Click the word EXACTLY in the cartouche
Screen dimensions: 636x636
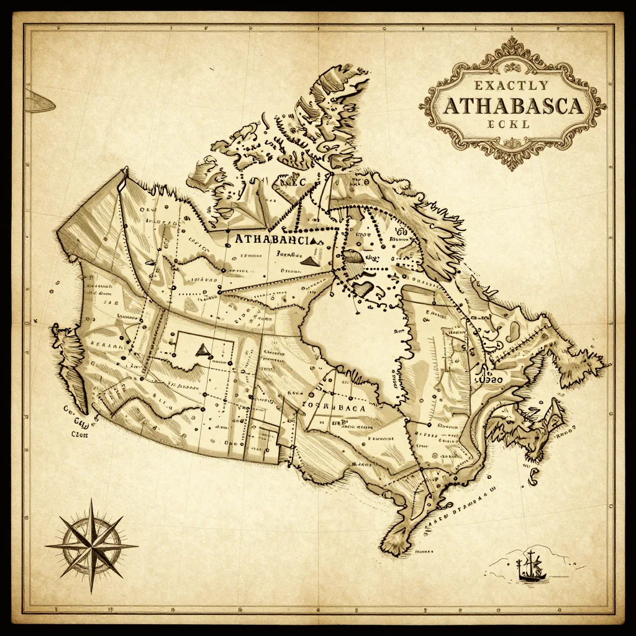513,85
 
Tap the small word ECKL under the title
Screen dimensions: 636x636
509,124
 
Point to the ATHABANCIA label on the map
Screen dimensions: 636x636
276,238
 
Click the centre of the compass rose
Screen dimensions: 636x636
91,545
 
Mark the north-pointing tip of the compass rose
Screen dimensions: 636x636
91,501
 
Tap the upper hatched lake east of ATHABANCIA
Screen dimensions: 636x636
355,257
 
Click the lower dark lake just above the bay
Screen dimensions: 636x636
364,289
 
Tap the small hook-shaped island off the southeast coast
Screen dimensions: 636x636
534,476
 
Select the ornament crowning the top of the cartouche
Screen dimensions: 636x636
513,45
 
